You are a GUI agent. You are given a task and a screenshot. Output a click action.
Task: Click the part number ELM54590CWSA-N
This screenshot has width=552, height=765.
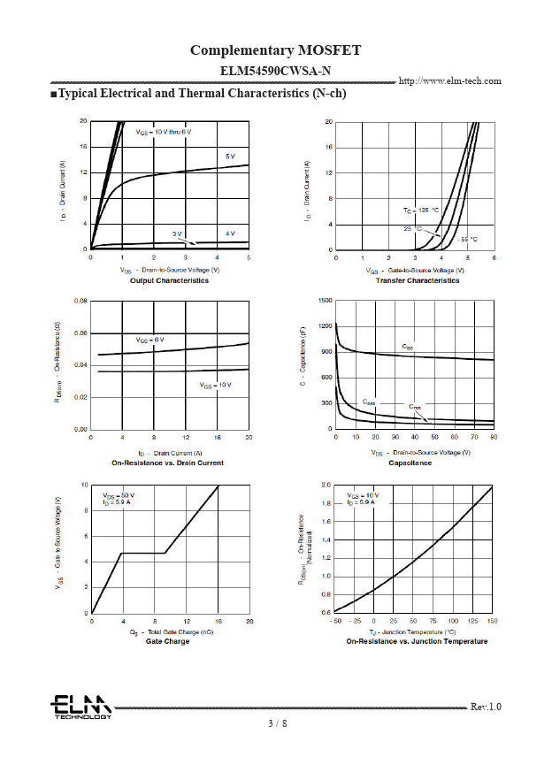tap(276, 70)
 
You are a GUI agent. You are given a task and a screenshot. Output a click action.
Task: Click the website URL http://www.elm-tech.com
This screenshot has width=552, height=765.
tap(450, 81)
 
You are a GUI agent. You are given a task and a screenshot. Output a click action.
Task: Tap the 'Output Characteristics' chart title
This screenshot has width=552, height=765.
tap(169, 280)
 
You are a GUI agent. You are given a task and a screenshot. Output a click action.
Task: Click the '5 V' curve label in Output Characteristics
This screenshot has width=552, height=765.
tap(230, 157)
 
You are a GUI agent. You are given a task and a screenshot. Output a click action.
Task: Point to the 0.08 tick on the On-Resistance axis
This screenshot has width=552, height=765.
tap(80, 302)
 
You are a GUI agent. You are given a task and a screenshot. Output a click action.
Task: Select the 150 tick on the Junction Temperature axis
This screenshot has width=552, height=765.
tap(492, 622)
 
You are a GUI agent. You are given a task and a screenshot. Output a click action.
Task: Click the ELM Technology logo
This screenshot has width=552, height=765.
tap(80, 707)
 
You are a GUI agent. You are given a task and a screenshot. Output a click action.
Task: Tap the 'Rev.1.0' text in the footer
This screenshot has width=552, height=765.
tap(486, 707)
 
